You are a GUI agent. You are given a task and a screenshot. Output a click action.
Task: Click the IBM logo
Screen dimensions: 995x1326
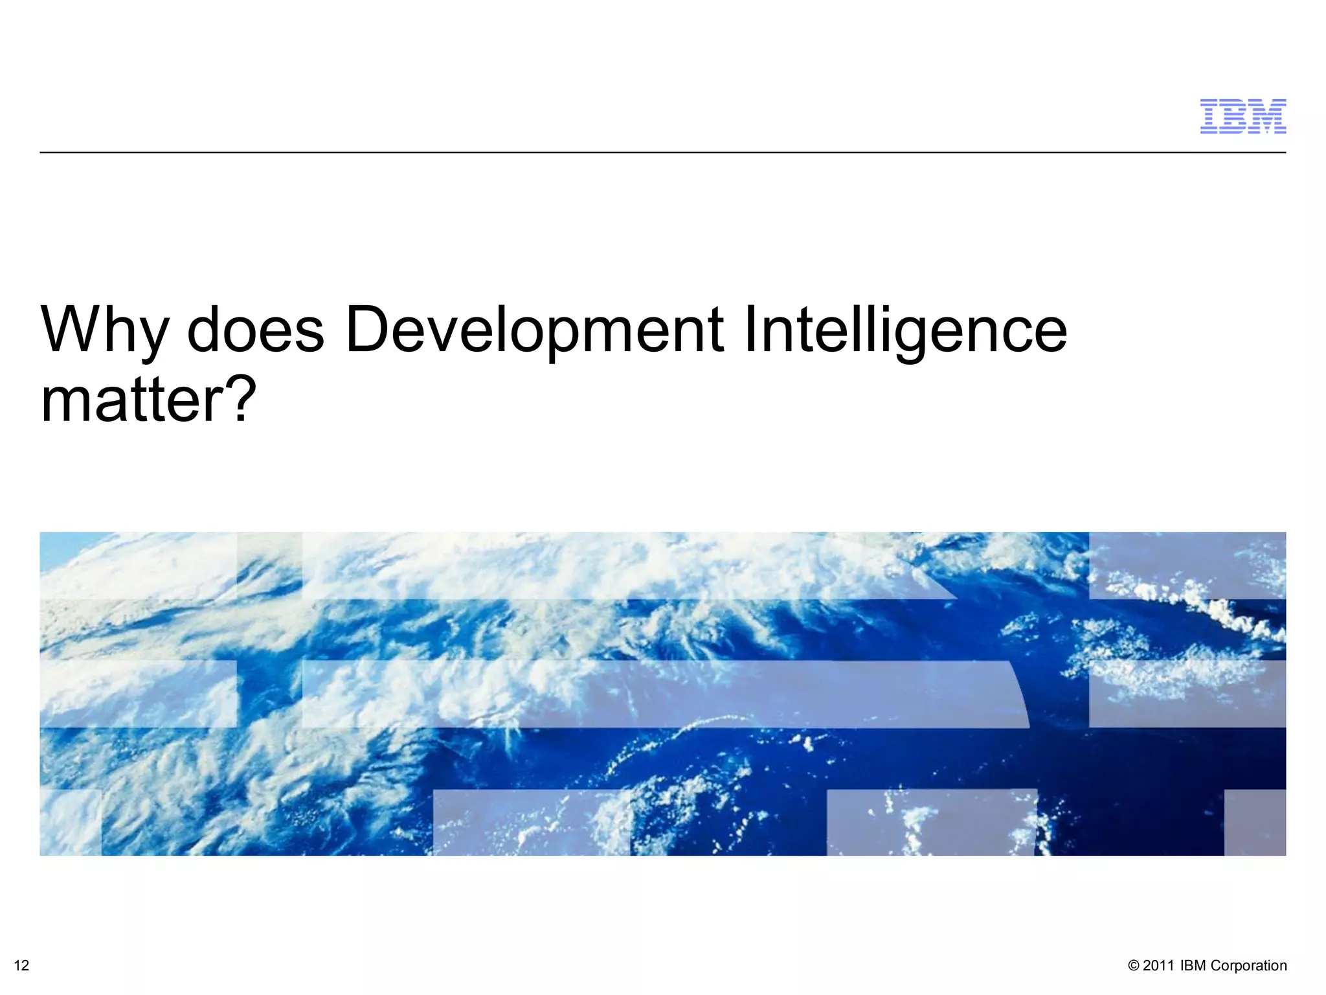coord(1242,117)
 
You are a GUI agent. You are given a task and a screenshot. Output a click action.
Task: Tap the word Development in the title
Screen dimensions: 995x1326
coord(534,330)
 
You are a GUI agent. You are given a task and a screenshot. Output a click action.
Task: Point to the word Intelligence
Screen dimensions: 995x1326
coord(905,330)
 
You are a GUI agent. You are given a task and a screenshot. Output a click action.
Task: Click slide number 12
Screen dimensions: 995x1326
coord(21,966)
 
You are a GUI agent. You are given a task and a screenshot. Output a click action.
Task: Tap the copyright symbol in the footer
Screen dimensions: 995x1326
coord(1133,966)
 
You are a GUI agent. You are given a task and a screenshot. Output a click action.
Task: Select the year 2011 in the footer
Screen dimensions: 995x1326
coord(1158,966)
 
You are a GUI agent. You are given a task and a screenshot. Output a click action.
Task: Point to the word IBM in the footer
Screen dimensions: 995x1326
coord(1193,966)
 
